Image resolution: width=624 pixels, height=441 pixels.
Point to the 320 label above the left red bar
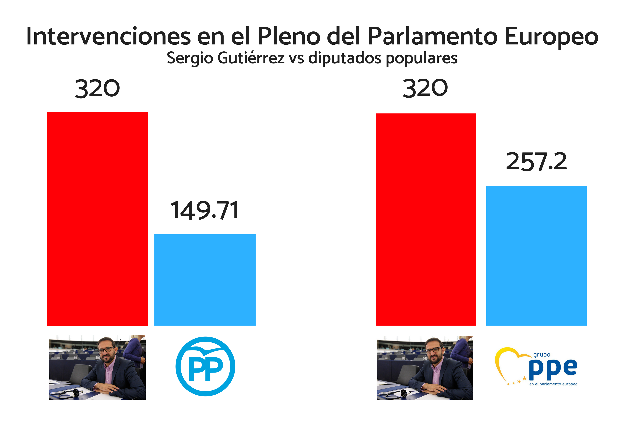tap(97, 89)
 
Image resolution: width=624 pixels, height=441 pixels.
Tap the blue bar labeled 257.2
tap(536, 255)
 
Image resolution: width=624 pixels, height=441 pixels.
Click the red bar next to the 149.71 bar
tap(97, 219)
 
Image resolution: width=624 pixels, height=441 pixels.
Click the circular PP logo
tap(205, 366)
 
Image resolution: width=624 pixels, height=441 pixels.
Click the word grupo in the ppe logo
tap(542, 355)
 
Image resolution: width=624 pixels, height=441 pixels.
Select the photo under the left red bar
tap(97, 367)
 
